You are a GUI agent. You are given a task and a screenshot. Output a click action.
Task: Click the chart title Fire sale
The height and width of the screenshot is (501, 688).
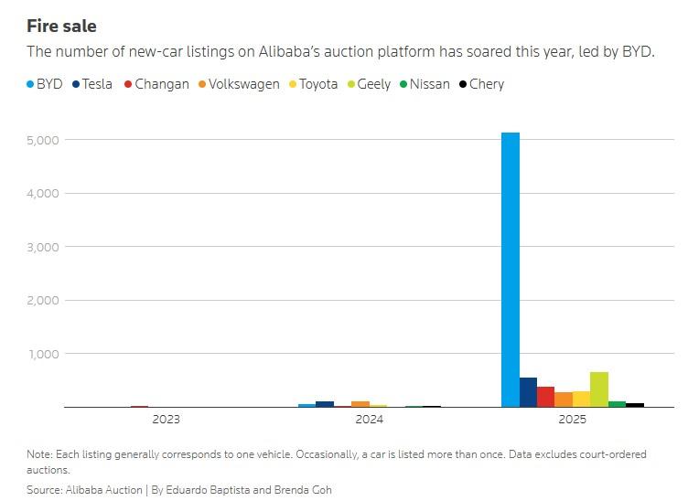(x=61, y=27)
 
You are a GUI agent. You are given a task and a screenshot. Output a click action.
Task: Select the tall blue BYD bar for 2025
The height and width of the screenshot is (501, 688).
(x=511, y=270)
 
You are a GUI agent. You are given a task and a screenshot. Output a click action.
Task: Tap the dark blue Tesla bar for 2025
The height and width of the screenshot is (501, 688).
(x=528, y=392)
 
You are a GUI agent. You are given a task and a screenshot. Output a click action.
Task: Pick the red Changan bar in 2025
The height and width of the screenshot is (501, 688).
(x=545, y=397)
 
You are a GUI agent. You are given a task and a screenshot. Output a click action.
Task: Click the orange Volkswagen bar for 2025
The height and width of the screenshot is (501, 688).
(x=564, y=400)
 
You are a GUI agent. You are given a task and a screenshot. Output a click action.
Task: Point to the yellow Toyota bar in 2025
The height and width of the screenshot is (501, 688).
(x=581, y=399)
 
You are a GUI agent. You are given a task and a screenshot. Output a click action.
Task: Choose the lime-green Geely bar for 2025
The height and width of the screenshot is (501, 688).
(x=599, y=389)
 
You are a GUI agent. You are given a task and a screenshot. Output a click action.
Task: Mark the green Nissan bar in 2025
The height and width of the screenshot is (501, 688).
(x=617, y=403)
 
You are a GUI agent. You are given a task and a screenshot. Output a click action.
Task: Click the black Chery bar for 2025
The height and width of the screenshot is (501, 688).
(x=635, y=404)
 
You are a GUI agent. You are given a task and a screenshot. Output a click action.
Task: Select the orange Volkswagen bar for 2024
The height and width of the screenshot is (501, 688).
(x=360, y=403)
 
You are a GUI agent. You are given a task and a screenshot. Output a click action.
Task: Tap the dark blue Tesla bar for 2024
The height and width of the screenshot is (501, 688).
(x=325, y=403)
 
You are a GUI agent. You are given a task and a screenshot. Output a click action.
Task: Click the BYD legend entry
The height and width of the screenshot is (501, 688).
(x=45, y=84)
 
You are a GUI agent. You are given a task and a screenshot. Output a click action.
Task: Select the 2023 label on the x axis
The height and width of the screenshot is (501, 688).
(x=167, y=420)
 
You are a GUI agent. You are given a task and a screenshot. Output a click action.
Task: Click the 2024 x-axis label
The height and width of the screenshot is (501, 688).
(x=370, y=420)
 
